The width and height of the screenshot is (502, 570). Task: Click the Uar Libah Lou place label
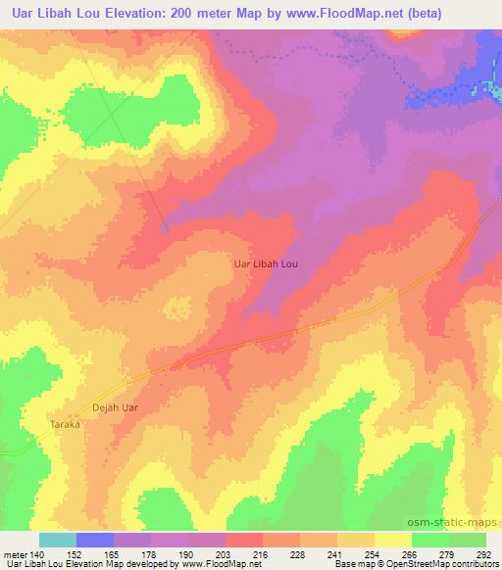[x=264, y=263]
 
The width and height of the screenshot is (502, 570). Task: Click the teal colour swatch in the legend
[x=57, y=540]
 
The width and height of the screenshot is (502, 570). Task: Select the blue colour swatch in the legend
[x=95, y=540]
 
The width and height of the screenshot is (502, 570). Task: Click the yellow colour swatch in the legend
[x=392, y=540]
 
